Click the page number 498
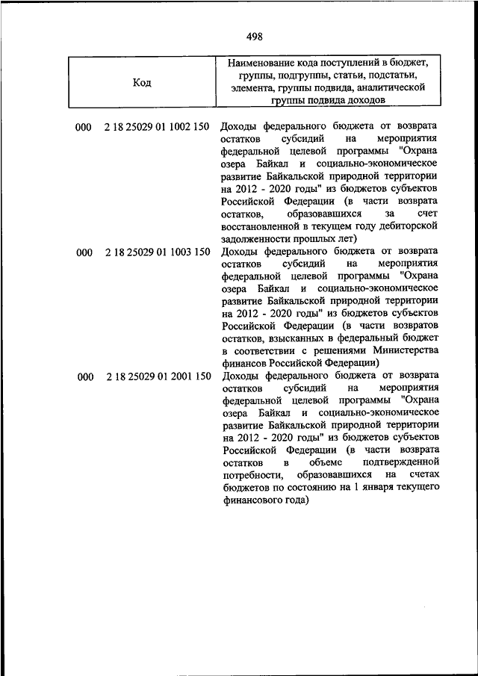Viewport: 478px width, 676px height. [252, 35]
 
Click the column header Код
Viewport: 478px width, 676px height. [142, 83]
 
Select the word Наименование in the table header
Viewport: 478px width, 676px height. [263, 63]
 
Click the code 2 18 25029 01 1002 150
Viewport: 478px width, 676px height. [158, 127]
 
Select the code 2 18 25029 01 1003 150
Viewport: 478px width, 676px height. [158, 252]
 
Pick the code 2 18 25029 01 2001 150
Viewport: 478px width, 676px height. [158, 377]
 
